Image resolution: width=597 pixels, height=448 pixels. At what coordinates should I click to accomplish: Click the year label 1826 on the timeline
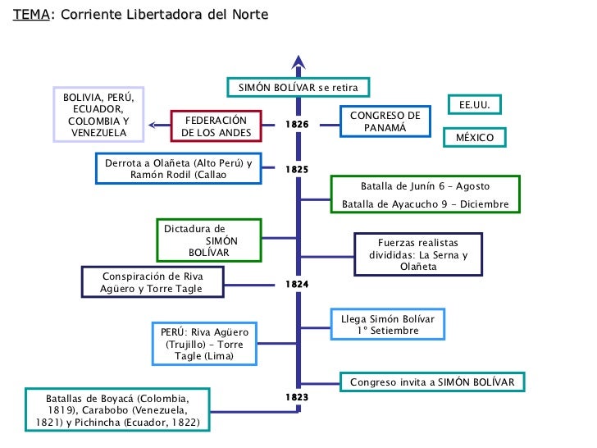(x=297, y=125)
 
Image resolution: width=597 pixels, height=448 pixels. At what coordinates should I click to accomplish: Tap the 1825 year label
(x=297, y=169)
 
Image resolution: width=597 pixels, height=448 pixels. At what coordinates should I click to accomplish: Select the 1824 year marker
(x=297, y=284)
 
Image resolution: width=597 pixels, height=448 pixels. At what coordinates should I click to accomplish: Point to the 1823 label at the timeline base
(x=297, y=397)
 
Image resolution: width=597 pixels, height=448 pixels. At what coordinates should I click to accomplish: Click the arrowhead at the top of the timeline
(x=298, y=62)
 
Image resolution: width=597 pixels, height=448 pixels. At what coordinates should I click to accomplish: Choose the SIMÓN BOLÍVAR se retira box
(x=298, y=87)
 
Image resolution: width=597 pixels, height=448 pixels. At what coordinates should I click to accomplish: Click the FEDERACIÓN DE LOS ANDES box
(x=215, y=126)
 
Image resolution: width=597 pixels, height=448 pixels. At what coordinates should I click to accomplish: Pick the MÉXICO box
(x=475, y=137)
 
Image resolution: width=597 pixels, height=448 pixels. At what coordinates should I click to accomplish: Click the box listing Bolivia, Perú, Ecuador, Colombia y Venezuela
(x=99, y=115)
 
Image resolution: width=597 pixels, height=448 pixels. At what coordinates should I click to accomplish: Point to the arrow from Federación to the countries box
(x=158, y=126)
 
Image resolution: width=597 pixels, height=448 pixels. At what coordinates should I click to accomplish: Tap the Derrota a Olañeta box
(x=179, y=168)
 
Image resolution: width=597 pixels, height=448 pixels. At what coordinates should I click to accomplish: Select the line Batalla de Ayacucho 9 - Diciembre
(x=425, y=204)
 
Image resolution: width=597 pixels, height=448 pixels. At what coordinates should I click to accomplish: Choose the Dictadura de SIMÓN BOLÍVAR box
(x=209, y=240)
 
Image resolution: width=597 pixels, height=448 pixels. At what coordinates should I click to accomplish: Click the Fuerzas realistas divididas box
(x=418, y=254)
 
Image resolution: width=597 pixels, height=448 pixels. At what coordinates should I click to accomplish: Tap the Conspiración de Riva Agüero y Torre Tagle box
(x=152, y=282)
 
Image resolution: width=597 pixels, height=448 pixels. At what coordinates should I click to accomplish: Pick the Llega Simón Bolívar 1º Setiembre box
(x=389, y=324)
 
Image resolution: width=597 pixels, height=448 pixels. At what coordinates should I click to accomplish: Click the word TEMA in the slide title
(x=30, y=16)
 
